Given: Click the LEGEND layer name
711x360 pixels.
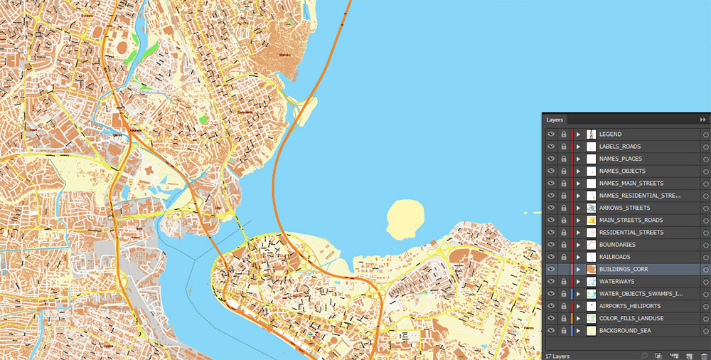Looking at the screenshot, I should point(610,134).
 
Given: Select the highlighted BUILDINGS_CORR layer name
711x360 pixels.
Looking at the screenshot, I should point(623,269).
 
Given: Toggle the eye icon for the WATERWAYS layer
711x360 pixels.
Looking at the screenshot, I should point(551,282).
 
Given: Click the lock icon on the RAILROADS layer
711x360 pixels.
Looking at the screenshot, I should point(563,257).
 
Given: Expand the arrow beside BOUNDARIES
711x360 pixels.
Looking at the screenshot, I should point(578,245).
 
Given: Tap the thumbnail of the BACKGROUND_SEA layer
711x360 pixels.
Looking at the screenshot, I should point(591,331).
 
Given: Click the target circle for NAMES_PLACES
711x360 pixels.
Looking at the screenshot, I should point(705,159).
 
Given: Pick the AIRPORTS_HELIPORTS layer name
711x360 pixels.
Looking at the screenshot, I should point(629,306).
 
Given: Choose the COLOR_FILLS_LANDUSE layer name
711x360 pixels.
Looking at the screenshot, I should point(631,318).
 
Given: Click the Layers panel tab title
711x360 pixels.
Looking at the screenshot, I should point(555,120).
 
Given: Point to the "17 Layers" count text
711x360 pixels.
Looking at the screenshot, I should point(558,354).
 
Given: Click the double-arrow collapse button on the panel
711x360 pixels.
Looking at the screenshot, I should point(702,120).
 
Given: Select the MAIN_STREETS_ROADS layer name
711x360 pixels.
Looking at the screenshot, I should point(631,220).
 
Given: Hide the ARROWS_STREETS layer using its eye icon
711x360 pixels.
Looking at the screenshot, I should point(551,208).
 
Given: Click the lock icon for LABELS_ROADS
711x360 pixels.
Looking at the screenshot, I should point(563,147).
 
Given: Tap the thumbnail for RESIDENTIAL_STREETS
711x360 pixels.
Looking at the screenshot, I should point(591,233).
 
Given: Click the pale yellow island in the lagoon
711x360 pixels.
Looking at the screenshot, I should point(402,218).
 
